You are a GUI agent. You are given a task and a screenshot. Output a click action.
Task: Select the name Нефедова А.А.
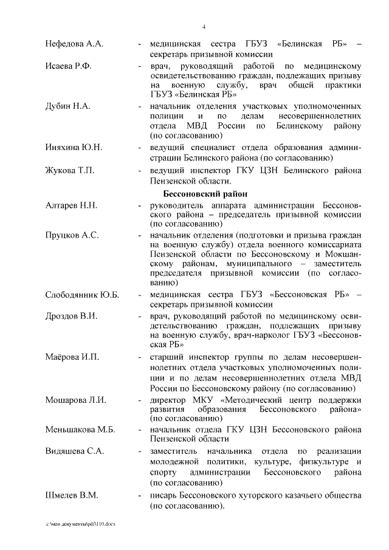(75, 44)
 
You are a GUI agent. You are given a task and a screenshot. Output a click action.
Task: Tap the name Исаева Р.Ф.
(68, 66)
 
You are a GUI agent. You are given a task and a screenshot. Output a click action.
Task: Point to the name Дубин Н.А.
(68, 106)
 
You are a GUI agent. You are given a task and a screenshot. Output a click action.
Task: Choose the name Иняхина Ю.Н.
(74, 148)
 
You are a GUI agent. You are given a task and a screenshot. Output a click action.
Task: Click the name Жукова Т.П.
(70, 170)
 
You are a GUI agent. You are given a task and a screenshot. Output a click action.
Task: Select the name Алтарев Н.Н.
(71, 205)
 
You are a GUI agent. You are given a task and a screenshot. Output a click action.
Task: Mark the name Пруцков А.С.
(72, 235)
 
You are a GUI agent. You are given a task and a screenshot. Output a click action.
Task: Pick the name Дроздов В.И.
(71, 316)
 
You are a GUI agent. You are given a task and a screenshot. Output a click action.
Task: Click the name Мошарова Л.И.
(76, 399)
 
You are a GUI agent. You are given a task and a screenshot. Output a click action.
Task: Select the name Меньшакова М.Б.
(80, 430)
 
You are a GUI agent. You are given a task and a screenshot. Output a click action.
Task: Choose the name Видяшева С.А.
(75, 452)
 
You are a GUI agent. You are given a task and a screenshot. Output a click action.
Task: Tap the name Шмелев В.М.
(72, 495)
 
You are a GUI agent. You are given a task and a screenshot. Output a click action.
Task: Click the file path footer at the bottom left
(80, 523)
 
